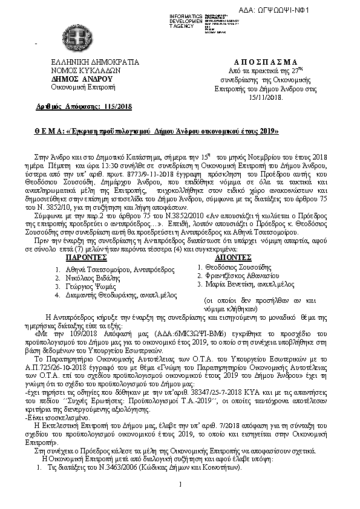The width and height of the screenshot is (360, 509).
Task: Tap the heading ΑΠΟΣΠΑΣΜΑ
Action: pos(265,62)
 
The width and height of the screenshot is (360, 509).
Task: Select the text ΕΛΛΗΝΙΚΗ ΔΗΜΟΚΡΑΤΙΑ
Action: pos(87,62)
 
